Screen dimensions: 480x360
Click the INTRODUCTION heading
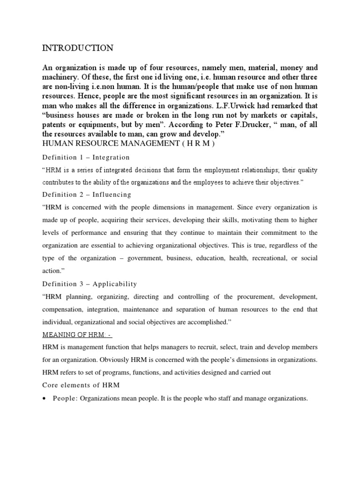(78, 48)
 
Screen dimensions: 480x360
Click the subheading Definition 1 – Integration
(86, 157)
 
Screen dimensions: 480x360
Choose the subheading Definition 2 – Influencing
(87, 194)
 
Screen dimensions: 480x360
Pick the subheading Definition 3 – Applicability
(90, 284)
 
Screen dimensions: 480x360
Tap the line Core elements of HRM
(81, 385)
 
